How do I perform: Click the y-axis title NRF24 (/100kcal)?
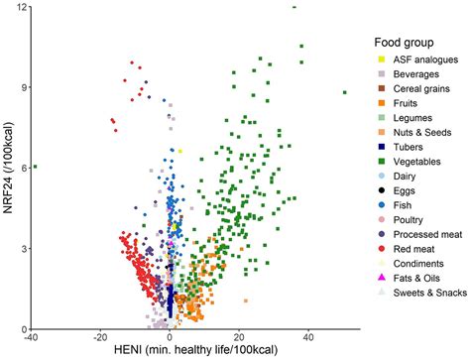[10, 169]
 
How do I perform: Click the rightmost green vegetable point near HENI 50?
[344, 92]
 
